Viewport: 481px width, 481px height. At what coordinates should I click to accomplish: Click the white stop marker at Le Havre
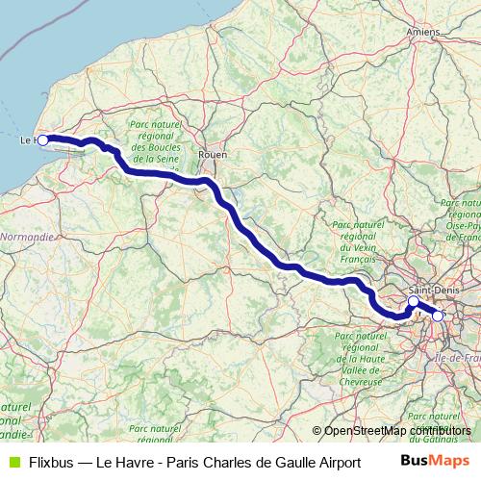pyautogui.click(x=42, y=140)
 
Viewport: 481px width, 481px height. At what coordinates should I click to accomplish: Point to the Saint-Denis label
pyautogui.click(x=430, y=289)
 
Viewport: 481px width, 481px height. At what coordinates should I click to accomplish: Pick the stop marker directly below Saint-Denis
pyautogui.click(x=414, y=301)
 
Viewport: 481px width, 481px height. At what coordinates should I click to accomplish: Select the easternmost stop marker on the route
pyautogui.click(x=438, y=316)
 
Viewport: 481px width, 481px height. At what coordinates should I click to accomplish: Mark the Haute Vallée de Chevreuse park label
pyautogui.click(x=361, y=356)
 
